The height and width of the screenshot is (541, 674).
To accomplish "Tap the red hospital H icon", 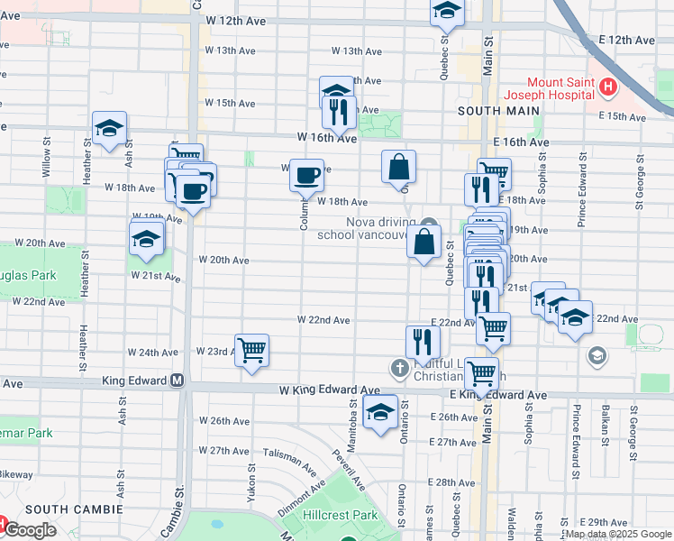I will pos(608,87).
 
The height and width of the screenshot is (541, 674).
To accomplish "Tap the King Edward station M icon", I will pos(178,381).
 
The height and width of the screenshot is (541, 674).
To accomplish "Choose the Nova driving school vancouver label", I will pos(365,228).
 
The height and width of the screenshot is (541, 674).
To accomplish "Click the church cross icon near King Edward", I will pos(399,367).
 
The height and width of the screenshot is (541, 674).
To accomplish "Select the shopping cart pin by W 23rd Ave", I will pos(252,349).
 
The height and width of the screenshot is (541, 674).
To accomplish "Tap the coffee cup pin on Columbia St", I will pos(307,173).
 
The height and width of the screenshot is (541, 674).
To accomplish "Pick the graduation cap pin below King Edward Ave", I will pos(380,412).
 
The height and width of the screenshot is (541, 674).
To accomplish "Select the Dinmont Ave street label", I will pos(302,499).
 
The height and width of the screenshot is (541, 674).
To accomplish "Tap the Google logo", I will pos(30,530).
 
